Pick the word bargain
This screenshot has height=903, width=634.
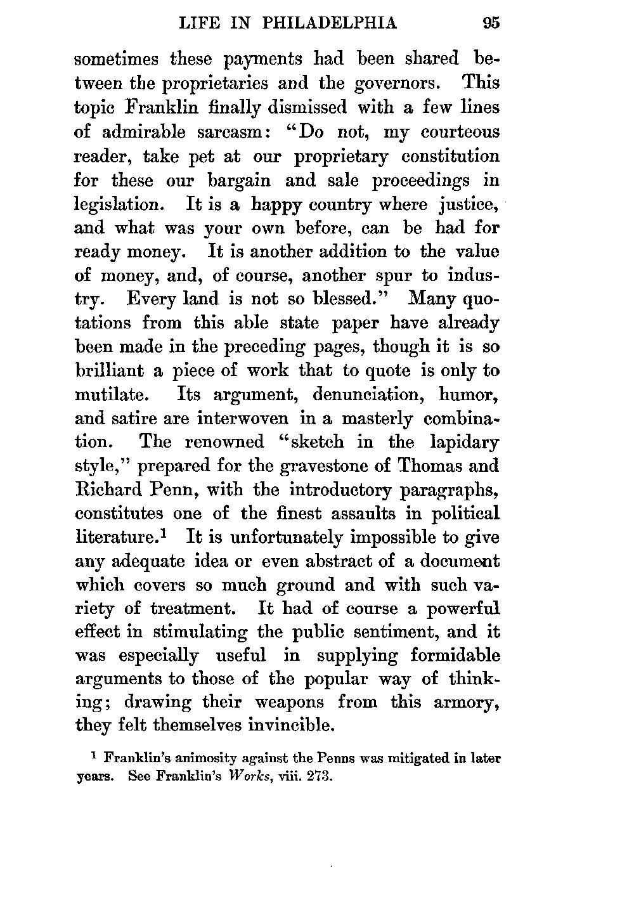coord(239,181)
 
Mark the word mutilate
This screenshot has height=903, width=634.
coord(112,394)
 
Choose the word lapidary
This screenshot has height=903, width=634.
coord(464,442)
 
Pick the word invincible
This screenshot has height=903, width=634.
coord(261,725)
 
